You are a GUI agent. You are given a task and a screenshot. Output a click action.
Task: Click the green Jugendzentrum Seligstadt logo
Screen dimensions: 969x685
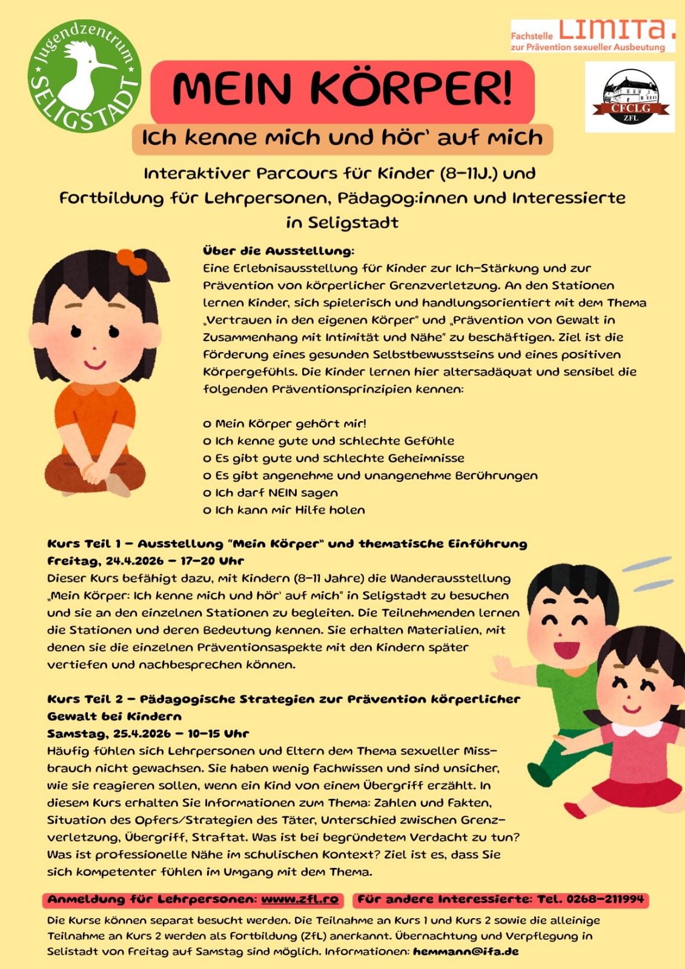[85, 76]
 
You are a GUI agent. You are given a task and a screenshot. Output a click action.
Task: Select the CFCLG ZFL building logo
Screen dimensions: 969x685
[630, 97]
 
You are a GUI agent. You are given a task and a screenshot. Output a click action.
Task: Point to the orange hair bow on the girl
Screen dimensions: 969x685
[131, 261]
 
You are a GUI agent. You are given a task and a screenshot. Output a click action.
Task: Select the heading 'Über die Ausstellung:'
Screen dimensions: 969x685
[279, 251]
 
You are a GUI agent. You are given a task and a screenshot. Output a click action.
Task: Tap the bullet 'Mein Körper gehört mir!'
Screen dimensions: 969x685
[291, 423]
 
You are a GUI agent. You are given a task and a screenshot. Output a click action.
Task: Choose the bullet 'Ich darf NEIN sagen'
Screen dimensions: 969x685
[276, 492]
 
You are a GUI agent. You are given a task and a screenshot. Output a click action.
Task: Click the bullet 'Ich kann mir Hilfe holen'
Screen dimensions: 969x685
[290, 510]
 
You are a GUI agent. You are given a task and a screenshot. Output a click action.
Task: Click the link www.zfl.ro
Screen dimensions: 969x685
[300, 899]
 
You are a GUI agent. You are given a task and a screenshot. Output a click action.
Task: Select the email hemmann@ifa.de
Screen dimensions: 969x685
[466, 951]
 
